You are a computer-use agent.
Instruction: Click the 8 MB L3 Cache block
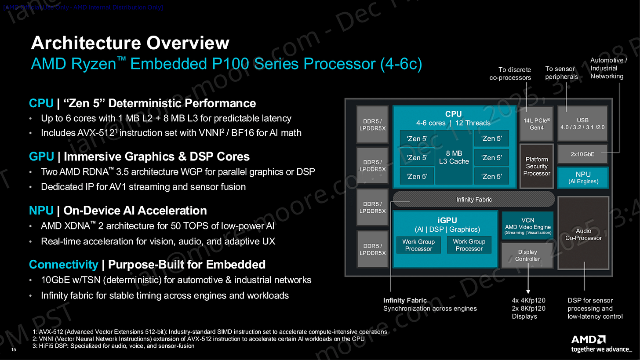pyautogui.click(x=454, y=157)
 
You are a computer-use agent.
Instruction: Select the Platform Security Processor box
pyautogui.click(x=536, y=166)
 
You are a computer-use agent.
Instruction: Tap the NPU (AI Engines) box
pyautogui.click(x=583, y=178)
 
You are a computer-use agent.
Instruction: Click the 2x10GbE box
pyautogui.click(x=582, y=154)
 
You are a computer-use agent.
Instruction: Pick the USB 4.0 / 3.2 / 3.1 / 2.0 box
pyautogui.click(x=582, y=124)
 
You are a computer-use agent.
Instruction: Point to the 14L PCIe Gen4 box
pyautogui.click(x=537, y=124)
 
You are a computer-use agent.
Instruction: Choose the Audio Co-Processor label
pyautogui.click(x=583, y=234)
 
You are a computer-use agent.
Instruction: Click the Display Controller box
pyautogui.click(x=527, y=255)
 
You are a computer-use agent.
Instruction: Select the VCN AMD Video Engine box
pyautogui.click(x=527, y=225)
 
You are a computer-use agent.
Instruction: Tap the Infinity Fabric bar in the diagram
pyautogui.click(x=473, y=200)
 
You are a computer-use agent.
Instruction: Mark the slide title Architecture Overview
pyautogui.click(x=130, y=44)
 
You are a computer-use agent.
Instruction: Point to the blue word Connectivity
pyautogui.click(x=63, y=265)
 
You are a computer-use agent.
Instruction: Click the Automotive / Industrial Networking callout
pyautogui.click(x=608, y=68)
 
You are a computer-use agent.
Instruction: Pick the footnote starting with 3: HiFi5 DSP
pyautogui.click(x=113, y=346)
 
